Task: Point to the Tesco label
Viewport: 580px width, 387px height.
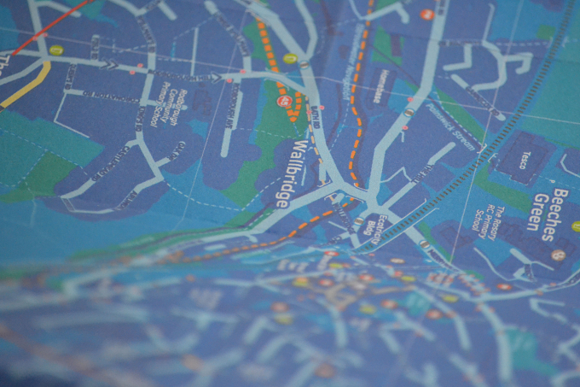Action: [x=525, y=160]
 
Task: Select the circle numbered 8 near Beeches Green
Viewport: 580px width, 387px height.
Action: [x=557, y=254]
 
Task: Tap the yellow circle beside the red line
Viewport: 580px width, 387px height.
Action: [x=56, y=50]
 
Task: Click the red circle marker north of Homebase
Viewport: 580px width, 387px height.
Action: [x=427, y=14]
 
